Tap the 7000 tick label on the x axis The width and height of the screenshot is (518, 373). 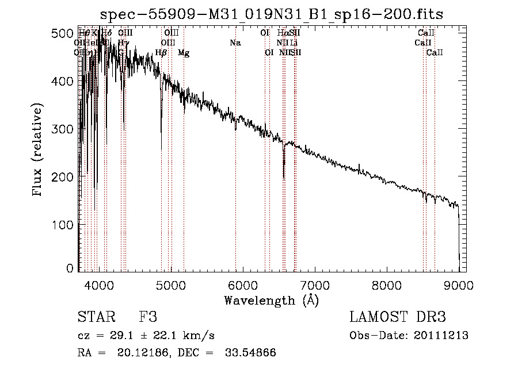315,285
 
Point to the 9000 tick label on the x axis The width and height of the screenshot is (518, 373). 459,285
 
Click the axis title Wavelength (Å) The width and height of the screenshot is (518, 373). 272,300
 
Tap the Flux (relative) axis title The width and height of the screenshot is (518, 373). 38,151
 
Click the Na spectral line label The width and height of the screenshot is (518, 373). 235,43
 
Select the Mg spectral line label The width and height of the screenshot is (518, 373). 184,53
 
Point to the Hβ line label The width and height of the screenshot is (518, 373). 161,53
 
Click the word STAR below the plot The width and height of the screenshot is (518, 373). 96,317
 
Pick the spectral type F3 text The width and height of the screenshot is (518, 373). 148,317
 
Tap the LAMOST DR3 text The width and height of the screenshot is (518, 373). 398,317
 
